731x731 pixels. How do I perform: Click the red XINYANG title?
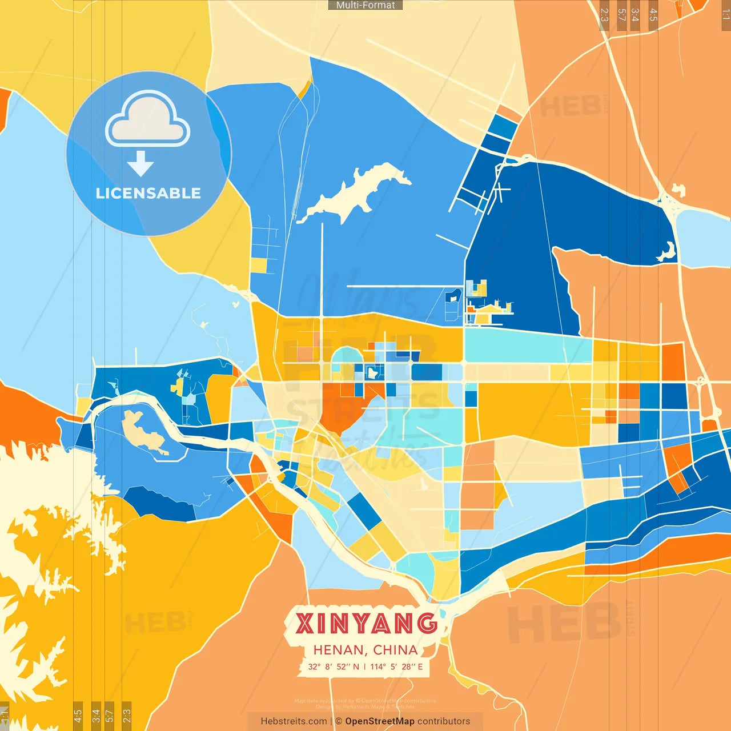(x=366, y=623)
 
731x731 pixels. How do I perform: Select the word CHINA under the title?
(x=395, y=650)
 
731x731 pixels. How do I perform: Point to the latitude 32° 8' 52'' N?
(x=334, y=666)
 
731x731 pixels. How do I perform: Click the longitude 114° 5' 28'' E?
(x=396, y=666)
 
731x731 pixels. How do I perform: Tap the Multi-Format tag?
(x=365, y=5)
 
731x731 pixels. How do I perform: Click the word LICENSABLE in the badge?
(x=148, y=194)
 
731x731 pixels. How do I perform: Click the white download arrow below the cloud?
(x=140, y=164)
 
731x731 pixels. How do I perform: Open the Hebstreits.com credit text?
(x=294, y=721)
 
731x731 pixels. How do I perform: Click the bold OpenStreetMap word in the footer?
(x=379, y=721)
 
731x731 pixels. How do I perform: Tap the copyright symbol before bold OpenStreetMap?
(x=339, y=721)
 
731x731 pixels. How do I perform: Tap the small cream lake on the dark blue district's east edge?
(x=667, y=252)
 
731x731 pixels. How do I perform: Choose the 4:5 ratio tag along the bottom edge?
(x=78, y=714)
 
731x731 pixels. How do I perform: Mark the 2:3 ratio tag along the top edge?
(x=604, y=15)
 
